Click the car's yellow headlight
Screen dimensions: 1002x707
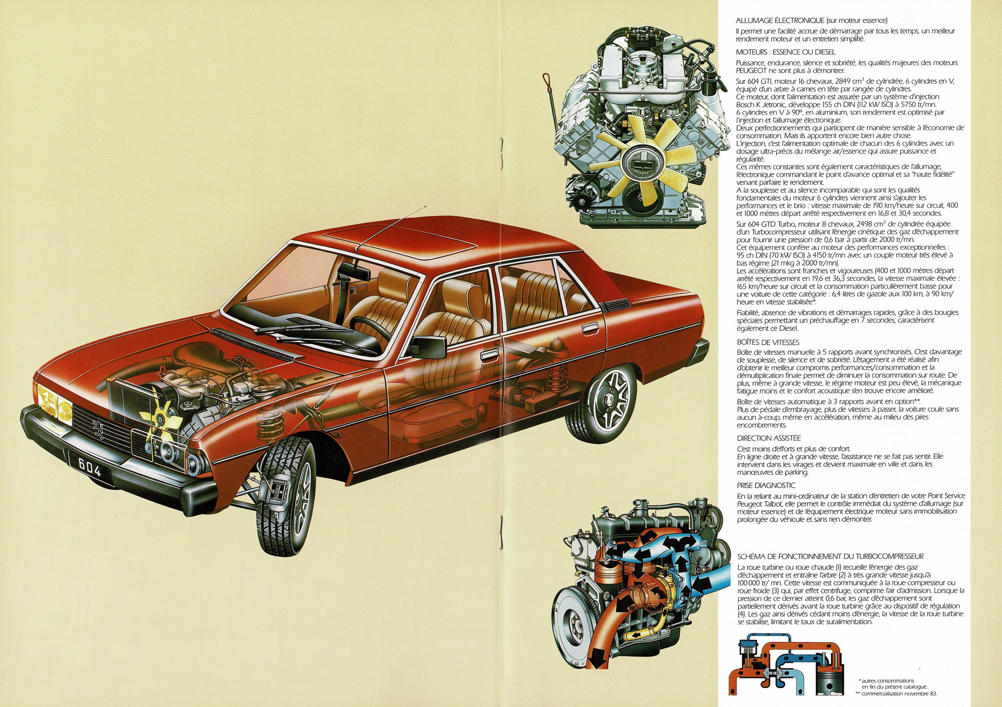[x=54, y=401]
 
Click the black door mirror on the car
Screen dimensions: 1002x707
[x=429, y=347]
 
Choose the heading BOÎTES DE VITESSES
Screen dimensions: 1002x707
[x=768, y=342]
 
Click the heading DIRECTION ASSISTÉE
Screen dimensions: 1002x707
[x=769, y=438]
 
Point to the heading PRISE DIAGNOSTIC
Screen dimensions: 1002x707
[x=766, y=485]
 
